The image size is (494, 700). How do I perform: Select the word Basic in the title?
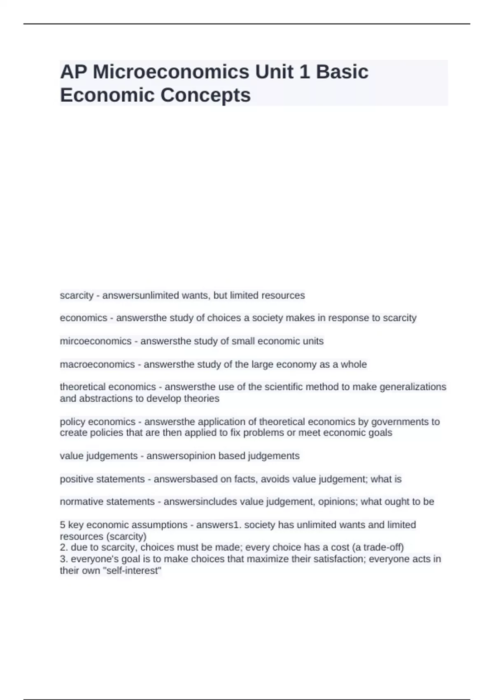342,72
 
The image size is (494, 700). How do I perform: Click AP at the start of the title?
73,72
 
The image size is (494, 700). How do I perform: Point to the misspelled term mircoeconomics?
96,341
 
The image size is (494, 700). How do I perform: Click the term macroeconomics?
97,364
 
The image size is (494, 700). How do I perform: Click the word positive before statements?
77,479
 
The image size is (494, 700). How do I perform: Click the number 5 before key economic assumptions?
63,525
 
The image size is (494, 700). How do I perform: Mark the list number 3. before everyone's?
64,559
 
